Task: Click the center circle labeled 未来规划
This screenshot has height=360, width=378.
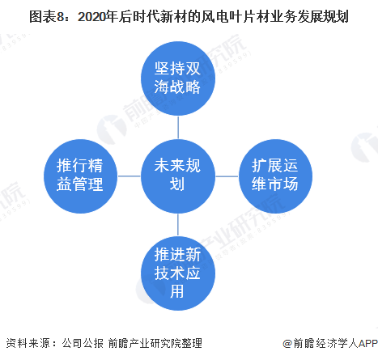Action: [x=178, y=176]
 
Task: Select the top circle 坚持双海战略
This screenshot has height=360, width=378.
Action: [x=178, y=78]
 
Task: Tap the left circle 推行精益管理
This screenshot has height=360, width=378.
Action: [x=80, y=176]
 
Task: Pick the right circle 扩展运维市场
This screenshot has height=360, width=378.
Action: [x=275, y=176]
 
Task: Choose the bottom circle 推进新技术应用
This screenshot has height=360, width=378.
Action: [x=178, y=273]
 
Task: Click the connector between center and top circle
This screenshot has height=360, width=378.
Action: [x=178, y=128]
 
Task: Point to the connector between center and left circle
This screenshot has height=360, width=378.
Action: [x=130, y=176]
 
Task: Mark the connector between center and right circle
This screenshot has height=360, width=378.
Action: [x=227, y=176]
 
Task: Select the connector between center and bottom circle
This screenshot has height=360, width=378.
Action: [x=178, y=225]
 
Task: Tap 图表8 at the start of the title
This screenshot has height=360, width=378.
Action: [x=47, y=17]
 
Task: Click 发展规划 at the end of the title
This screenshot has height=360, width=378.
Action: [x=323, y=17]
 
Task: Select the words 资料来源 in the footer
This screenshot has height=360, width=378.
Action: [x=28, y=343]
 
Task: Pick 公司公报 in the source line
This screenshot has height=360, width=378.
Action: [x=83, y=343]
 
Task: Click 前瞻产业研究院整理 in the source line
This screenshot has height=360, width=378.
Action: [x=155, y=343]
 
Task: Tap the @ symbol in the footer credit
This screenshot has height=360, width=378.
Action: [x=287, y=344]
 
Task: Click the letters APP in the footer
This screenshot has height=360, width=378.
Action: [x=368, y=343]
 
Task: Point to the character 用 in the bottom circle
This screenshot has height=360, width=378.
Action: [x=177, y=291]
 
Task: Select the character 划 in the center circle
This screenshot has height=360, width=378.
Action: [x=177, y=184]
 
